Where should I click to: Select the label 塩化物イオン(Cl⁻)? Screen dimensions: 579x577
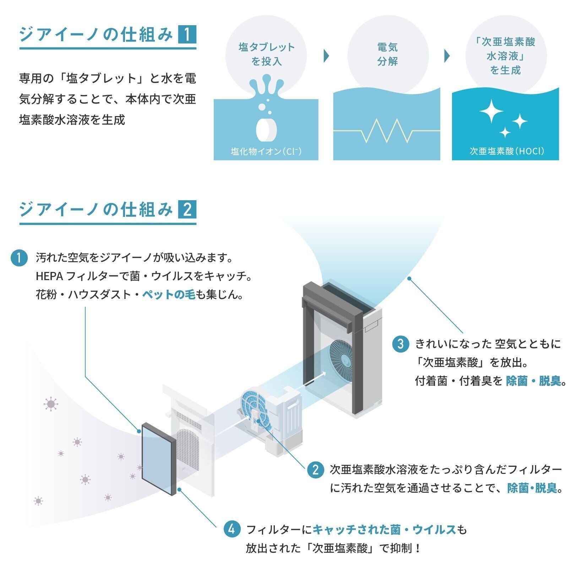(266, 152)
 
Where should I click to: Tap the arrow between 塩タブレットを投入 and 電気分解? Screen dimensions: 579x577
(326, 56)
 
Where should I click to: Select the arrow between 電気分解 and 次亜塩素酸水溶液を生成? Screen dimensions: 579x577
(447, 56)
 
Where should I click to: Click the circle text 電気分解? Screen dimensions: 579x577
(387, 54)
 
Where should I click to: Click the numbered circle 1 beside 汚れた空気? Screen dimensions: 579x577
(19, 258)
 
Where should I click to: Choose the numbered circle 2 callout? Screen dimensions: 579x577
(315, 470)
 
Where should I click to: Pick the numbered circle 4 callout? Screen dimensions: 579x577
(232, 530)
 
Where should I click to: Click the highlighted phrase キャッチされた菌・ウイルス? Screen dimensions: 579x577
(384, 530)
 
